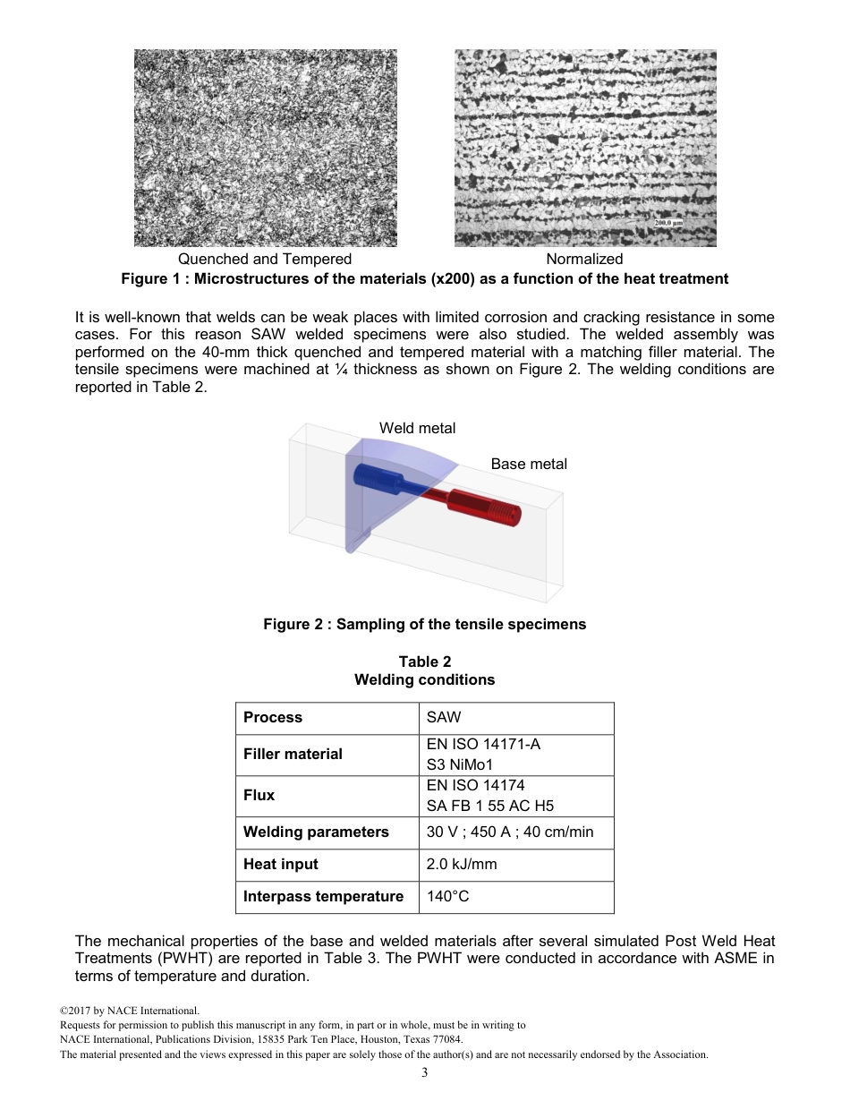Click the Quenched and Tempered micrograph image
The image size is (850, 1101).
pyautogui.click(x=266, y=148)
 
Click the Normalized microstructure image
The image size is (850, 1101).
pyautogui.click(x=585, y=148)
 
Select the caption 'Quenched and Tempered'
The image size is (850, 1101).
pyautogui.click(x=265, y=259)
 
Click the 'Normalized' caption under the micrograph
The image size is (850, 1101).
pyautogui.click(x=584, y=259)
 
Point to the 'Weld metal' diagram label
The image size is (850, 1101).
pyautogui.click(x=417, y=428)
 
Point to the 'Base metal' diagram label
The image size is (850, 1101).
pyautogui.click(x=529, y=464)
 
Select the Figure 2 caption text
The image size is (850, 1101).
pyautogui.click(x=424, y=624)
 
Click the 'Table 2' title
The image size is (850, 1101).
pyautogui.click(x=424, y=661)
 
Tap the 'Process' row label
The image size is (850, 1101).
pyautogui.click(x=273, y=717)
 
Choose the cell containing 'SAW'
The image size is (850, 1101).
pyautogui.click(x=444, y=717)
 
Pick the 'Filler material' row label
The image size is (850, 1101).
pyautogui.click(x=293, y=754)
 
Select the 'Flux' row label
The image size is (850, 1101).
pyautogui.click(x=259, y=795)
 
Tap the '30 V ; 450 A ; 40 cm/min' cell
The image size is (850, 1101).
pyautogui.click(x=509, y=832)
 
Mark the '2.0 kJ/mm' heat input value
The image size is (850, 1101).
pyautogui.click(x=462, y=864)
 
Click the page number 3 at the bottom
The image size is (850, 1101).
pyautogui.click(x=424, y=1073)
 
